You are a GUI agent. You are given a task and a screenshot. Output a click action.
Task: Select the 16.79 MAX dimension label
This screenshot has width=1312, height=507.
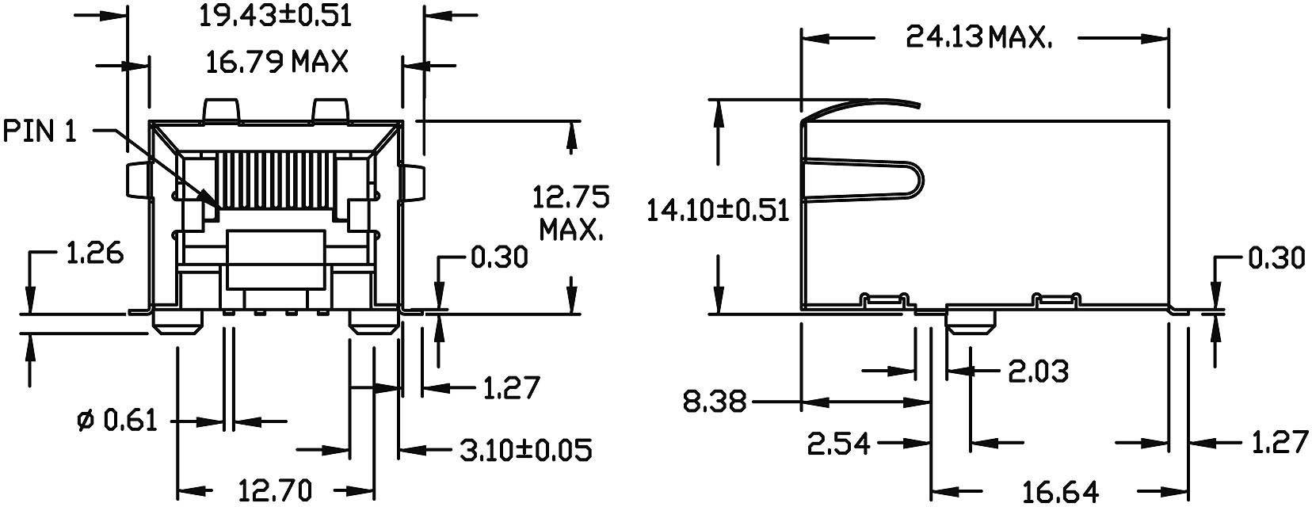click(x=277, y=61)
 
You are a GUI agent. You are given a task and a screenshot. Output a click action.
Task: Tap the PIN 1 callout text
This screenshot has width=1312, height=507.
click(x=40, y=132)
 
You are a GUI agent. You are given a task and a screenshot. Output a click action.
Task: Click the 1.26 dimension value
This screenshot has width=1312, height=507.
click(x=93, y=255)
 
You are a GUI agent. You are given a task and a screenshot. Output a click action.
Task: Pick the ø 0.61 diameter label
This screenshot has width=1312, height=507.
click(x=119, y=420)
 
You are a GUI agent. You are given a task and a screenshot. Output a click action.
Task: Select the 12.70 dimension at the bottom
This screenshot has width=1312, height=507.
click(x=262, y=490)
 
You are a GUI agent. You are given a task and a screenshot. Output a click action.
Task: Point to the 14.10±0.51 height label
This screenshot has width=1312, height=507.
click(x=718, y=211)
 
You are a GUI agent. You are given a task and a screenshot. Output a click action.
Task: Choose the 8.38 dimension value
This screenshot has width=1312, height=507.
click(x=715, y=402)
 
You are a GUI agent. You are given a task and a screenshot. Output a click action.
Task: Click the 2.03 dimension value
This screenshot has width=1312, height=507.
click(x=1037, y=370)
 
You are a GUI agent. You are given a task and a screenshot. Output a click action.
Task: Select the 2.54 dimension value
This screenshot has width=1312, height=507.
click(x=839, y=444)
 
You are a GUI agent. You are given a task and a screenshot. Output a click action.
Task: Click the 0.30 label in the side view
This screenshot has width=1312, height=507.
click(x=1276, y=258)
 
